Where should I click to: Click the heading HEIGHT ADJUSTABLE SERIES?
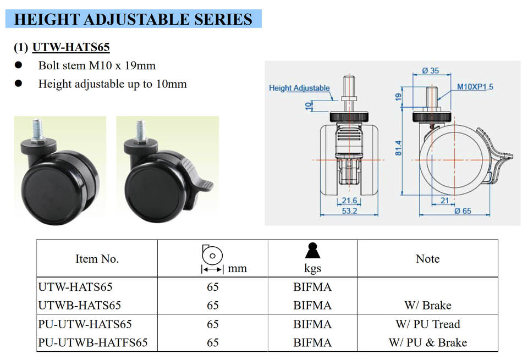133,19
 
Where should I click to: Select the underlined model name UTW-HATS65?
71,47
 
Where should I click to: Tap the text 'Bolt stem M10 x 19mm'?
97,66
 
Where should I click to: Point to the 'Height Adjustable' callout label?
299,88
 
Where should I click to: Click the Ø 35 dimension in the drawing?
431,70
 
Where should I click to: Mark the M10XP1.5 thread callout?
475,87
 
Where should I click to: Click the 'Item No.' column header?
97,259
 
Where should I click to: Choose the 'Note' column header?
427,259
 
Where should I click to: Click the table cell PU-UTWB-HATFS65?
93,342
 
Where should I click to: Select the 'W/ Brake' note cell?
427,305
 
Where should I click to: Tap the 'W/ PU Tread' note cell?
427,324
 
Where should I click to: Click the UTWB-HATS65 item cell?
79,305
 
